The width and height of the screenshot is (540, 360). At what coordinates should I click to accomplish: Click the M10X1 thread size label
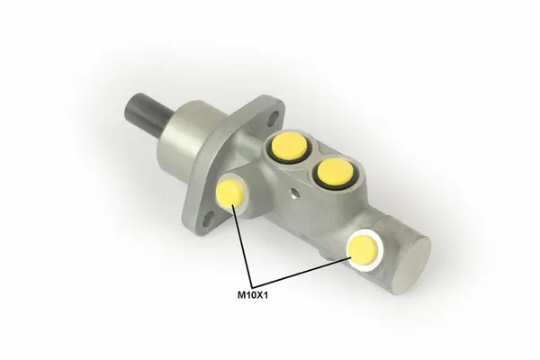(252, 295)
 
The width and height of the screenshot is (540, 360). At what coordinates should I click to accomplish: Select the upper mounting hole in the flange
(274, 117)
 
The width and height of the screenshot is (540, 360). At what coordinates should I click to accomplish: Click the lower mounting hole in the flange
(209, 220)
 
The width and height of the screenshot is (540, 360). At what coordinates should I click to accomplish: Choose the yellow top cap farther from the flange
(334, 171)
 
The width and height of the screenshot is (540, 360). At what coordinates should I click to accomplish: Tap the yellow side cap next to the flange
(229, 194)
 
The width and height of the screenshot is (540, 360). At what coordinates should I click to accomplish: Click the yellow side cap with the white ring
(363, 251)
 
